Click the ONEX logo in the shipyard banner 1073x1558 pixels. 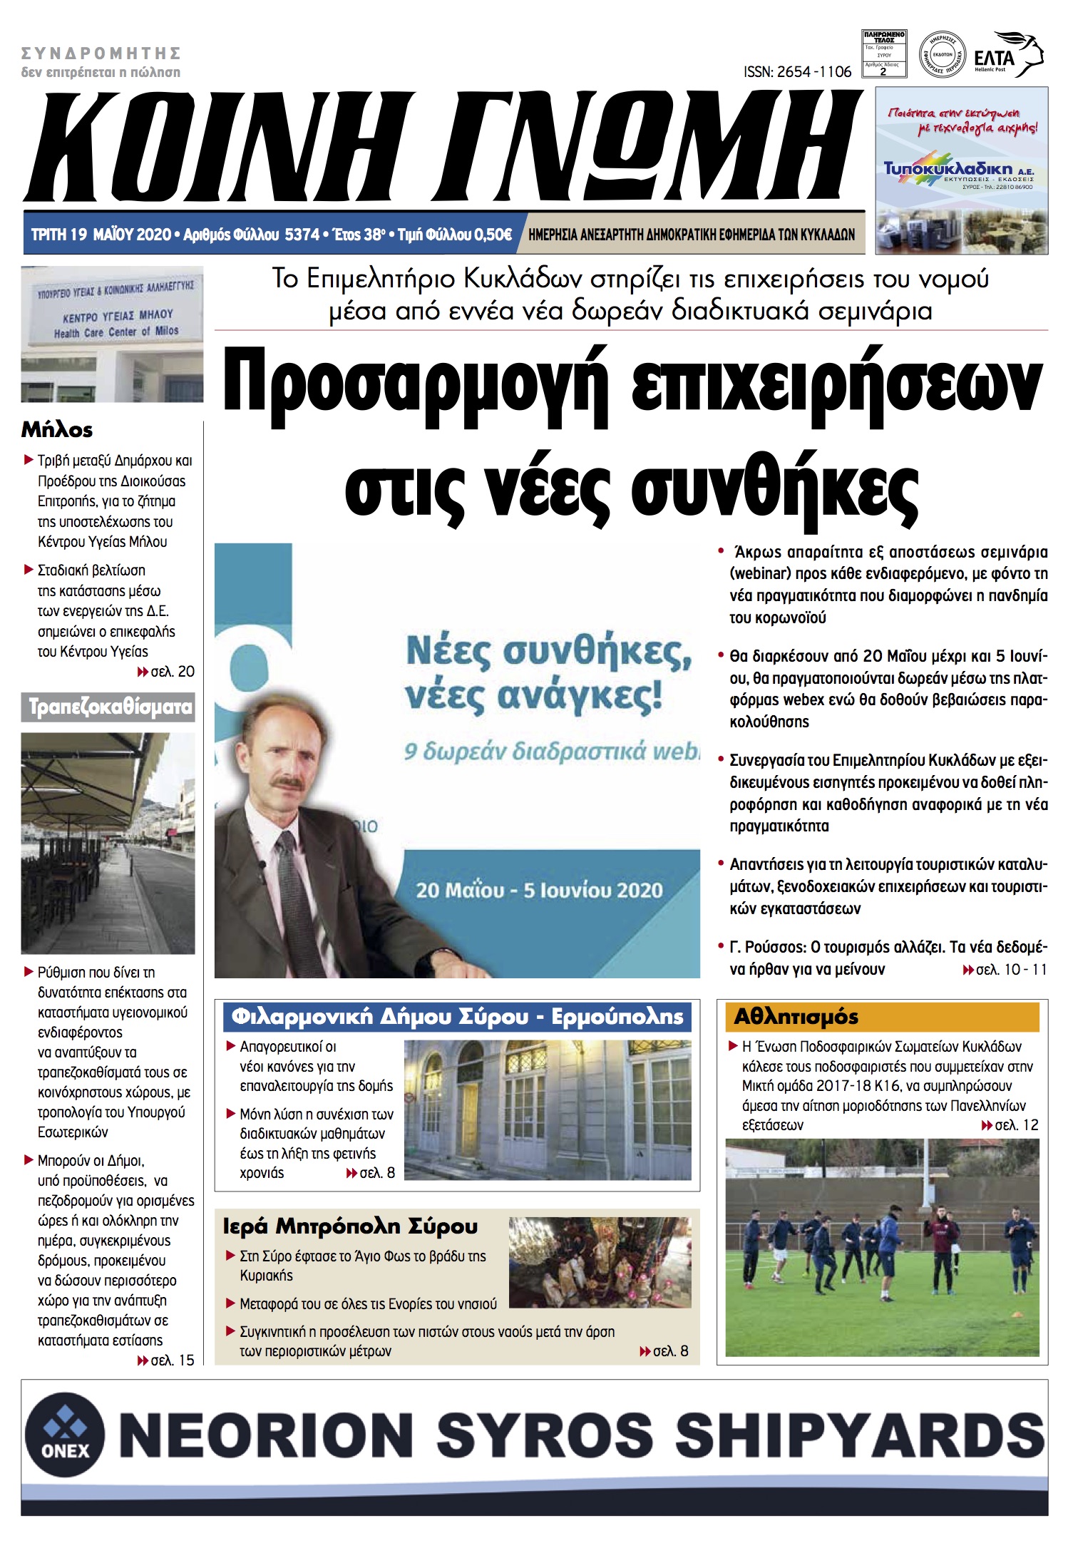65,1435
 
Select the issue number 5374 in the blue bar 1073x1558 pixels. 302,235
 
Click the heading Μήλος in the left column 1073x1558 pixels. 57,430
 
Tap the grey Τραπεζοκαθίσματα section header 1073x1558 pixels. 108,707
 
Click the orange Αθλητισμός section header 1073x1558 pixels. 797,1016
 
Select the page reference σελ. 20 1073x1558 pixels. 172,672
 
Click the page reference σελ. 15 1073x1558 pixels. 172,1360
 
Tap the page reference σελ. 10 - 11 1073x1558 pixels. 1010,969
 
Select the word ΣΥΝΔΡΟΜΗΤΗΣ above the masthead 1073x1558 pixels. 101,53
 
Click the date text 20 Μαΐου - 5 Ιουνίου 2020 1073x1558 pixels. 539,890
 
